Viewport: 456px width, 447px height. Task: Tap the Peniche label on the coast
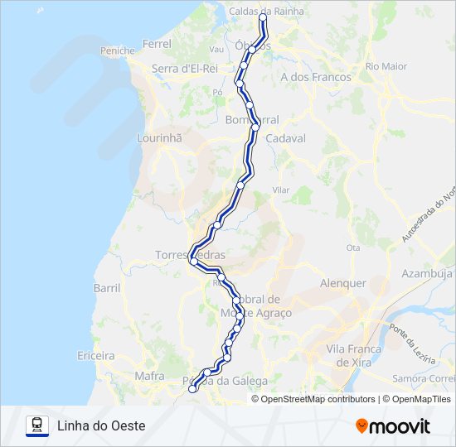click(x=117, y=50)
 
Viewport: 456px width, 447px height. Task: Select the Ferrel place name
click(x=157, y=43)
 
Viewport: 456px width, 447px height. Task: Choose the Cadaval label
click(x=286, y=138)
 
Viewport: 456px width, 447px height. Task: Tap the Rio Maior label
click(x=386, y=65)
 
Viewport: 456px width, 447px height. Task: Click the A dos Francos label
click(x=316, y=77)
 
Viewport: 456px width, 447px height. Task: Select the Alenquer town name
click(x=342, y=282)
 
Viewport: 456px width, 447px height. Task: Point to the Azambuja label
click(x=427, y=273)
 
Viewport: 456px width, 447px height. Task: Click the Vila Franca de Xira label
click(x=353, y=355)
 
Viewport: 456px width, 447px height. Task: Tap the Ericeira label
click(x=96, y=355)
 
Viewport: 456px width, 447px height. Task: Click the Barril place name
click(x=107, y=288)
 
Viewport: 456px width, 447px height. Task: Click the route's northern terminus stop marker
click(x=264, y=17)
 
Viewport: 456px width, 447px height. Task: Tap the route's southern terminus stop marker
click(x=192, y=388)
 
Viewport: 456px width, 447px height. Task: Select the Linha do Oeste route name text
click(x=101, y=425)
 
